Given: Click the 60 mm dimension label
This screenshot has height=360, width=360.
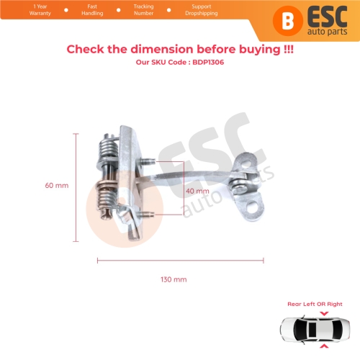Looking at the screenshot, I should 57,185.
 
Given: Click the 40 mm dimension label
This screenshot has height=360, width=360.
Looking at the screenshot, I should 197,192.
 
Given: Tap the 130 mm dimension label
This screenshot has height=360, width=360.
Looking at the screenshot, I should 175,279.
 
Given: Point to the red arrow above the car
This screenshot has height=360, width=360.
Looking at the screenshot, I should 323,314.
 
